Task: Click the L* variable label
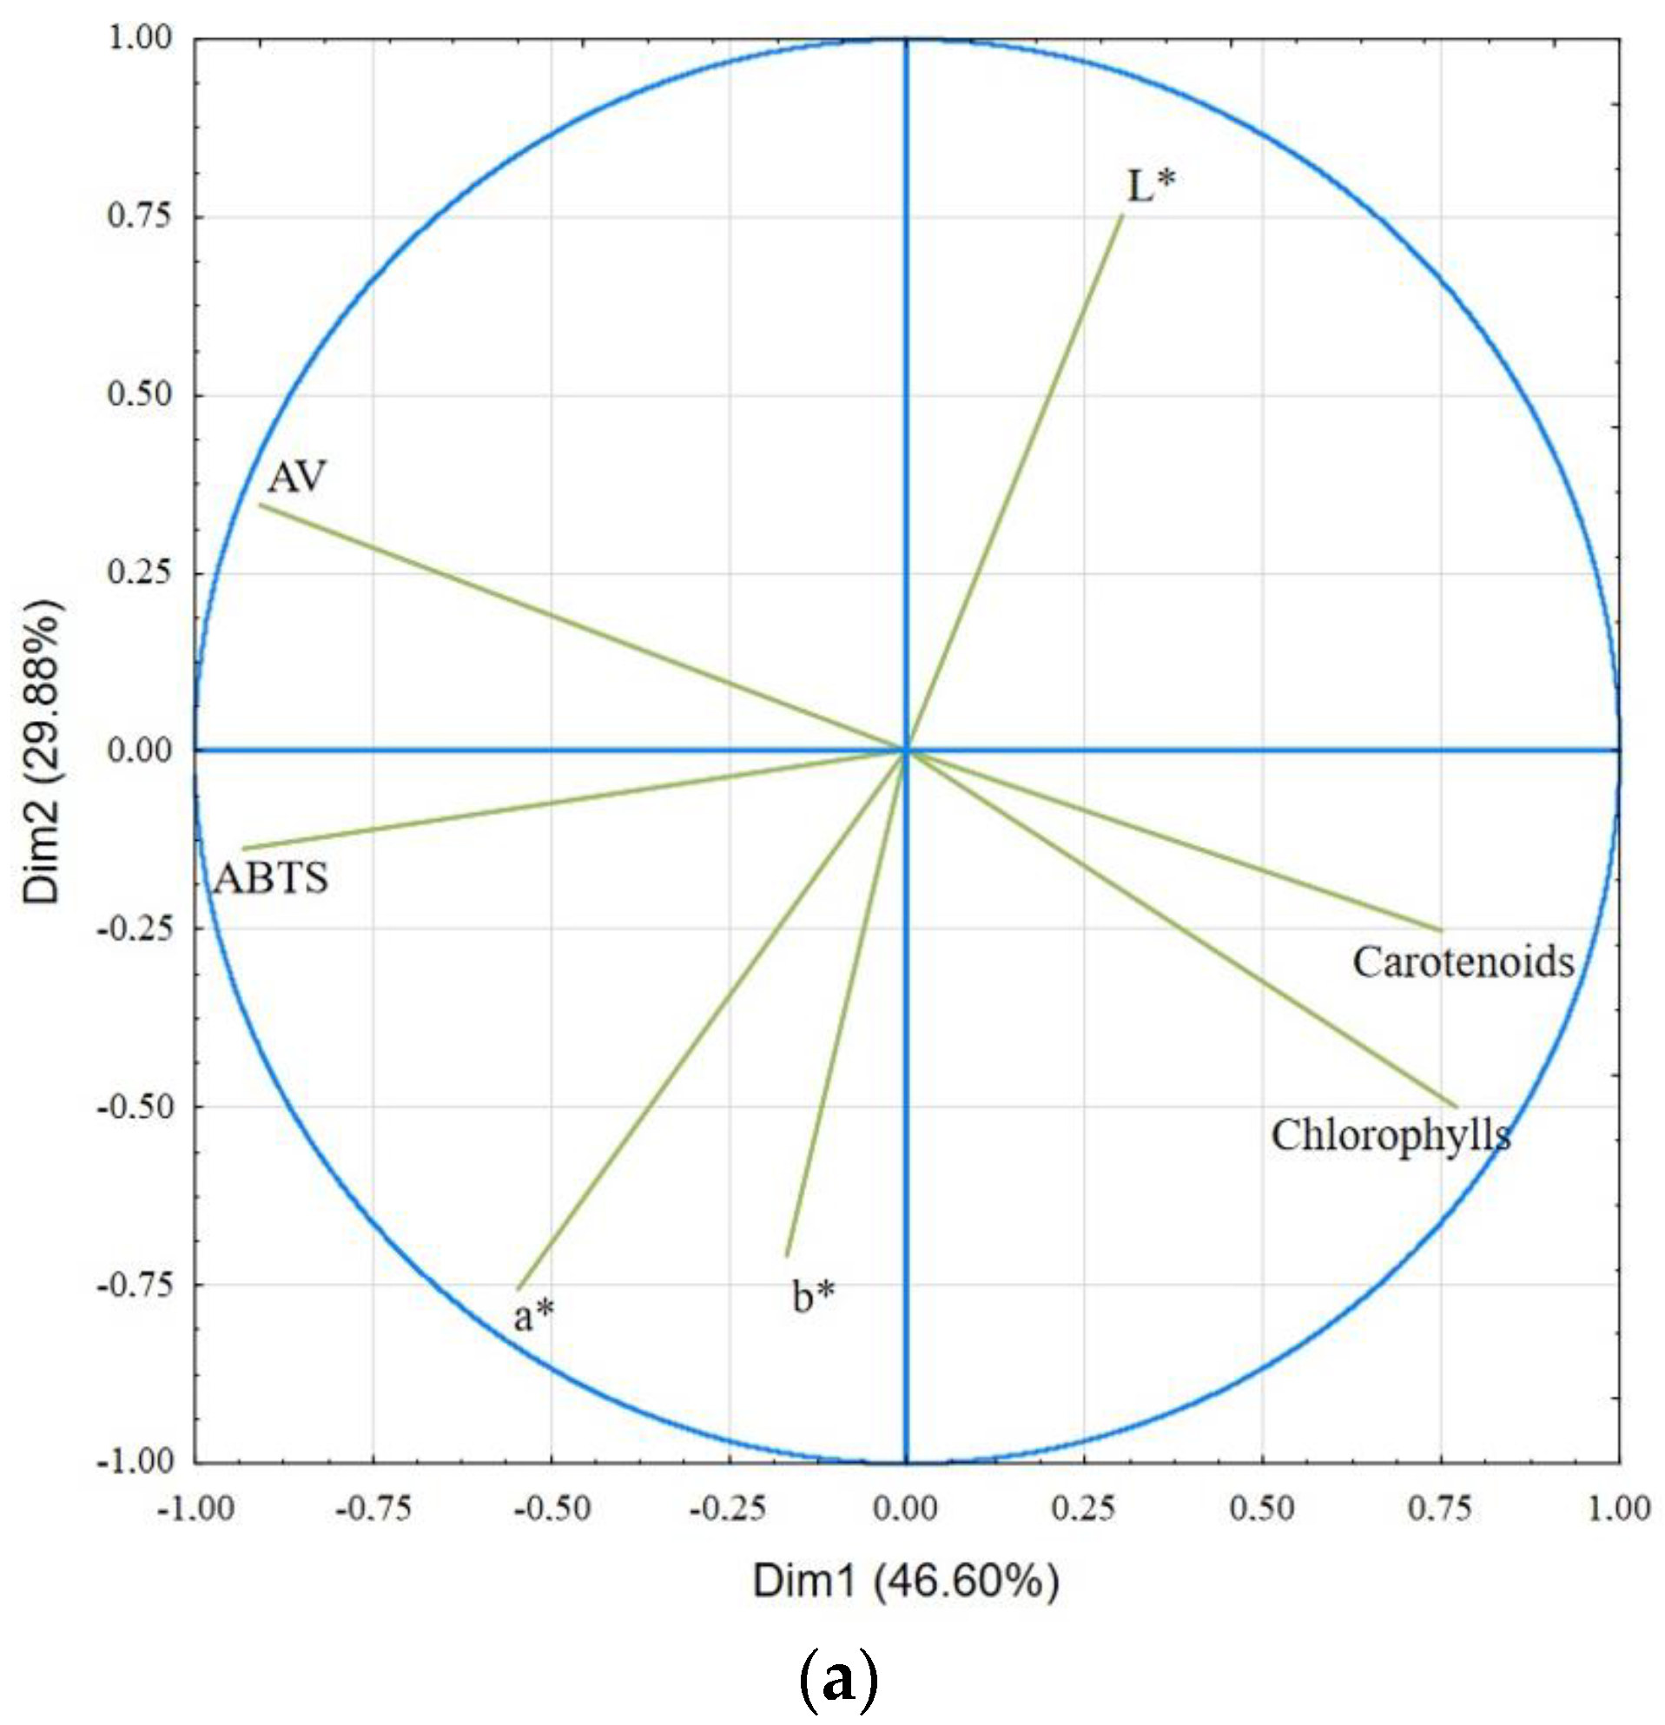(x=1151, y=186)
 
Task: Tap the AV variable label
(x=296, y=477)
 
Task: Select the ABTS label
(x=271, y=878)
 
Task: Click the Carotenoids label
(x=1463, y=962)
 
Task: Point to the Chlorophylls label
(x=1391, y=1136)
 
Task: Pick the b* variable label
(x=813, y=1297)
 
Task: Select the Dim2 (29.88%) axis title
(x=43, y=750)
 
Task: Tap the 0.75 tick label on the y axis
(x=139, y=215)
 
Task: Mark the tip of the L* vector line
(x=1122, y=215)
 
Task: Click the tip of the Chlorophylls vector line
(x=1457, y=1107)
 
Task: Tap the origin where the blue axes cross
(x=907, y=750)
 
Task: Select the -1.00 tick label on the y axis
(x=134, y=1462)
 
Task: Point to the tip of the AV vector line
(x=261, y=505)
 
